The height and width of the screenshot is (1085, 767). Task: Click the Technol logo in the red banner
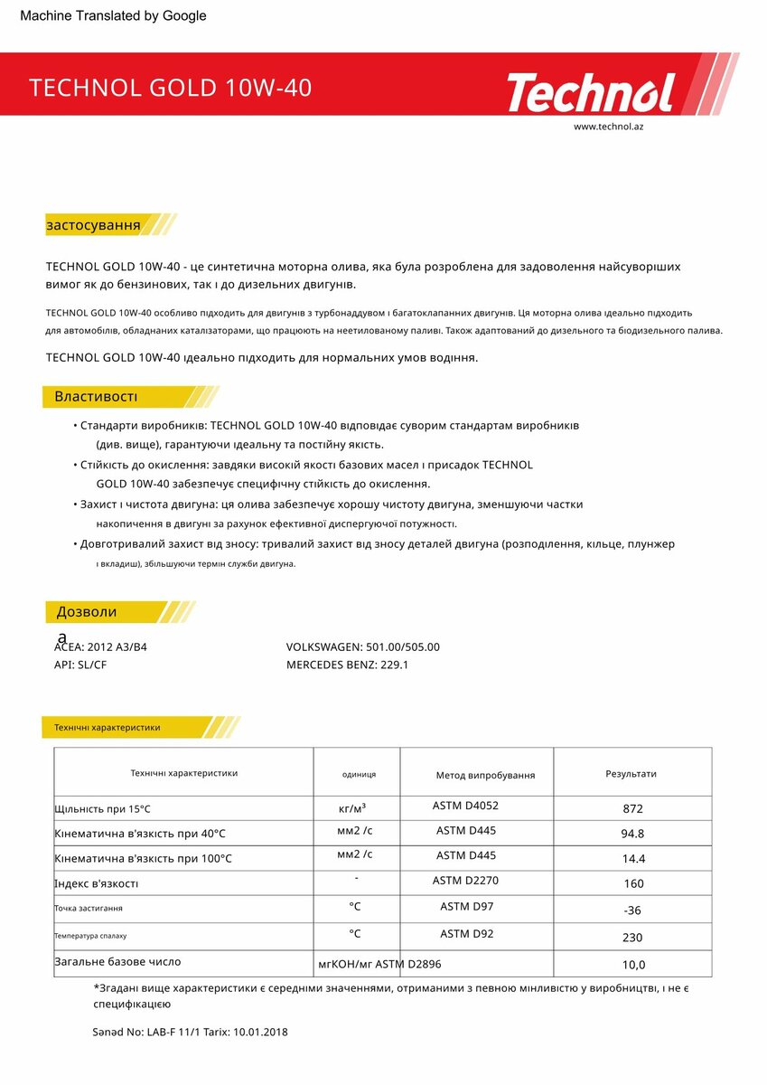590,92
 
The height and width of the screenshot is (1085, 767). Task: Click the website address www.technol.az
608,127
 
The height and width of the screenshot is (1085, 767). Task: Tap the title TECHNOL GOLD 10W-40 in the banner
171,88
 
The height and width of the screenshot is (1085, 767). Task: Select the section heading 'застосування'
93,225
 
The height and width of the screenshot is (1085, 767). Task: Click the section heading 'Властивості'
96,397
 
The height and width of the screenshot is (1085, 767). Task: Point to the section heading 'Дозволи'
87,612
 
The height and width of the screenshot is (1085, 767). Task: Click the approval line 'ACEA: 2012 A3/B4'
100,646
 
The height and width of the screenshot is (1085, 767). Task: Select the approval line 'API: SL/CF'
80,665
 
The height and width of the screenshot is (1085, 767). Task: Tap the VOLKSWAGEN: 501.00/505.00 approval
362,646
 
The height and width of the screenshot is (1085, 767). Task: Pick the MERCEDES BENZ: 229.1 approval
347,665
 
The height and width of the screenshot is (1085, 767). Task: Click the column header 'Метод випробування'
485,775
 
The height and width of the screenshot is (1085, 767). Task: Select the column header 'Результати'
631,774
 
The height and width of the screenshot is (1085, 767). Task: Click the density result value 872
632,809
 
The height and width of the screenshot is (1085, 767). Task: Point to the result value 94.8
632,834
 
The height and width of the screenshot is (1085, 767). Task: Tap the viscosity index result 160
633,883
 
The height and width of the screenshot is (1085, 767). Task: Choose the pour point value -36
632,910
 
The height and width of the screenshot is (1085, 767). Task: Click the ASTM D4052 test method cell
465,805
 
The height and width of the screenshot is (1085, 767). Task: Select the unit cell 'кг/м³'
352,807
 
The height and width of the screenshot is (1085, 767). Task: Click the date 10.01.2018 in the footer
260,1032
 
